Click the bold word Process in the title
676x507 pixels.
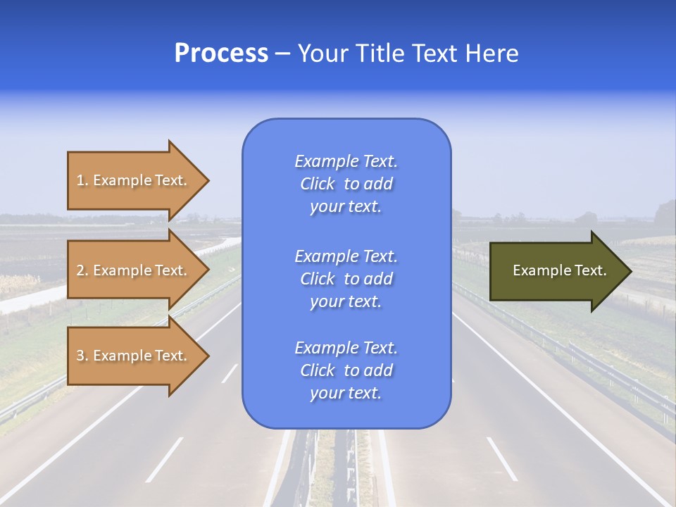click(221, 54)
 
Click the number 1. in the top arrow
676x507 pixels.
click(82, 180)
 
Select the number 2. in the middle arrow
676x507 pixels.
click(82, 270)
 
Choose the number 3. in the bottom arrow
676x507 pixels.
click(82, 356)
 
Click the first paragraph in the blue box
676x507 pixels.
click(346, 184)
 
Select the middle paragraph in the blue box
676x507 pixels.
click(346, 279)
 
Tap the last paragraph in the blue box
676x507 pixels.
click(346, 370)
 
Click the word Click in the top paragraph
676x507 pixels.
click(317, 184)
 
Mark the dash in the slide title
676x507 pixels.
click(282, 54)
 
